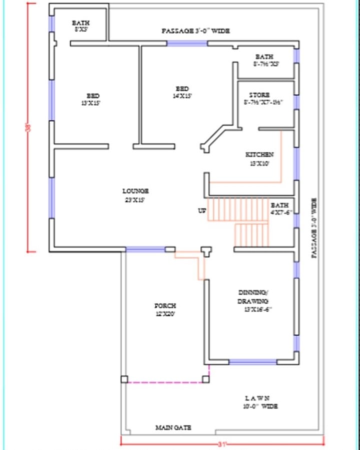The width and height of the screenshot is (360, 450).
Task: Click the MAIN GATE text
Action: coord(173,428)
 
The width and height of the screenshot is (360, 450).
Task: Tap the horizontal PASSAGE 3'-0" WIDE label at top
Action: coord(196,31)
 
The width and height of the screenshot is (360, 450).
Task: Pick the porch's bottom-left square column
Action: coord(124,379)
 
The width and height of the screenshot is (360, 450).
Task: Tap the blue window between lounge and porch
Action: coord(145,249)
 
